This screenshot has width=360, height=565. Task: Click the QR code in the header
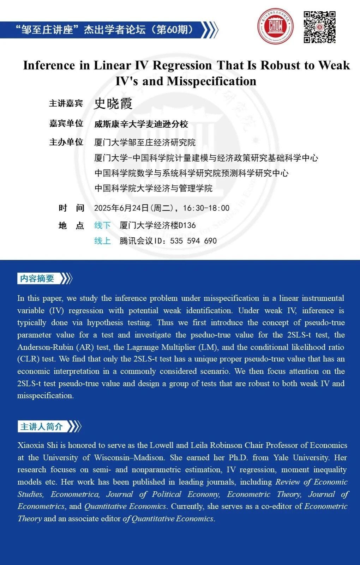point(319,27)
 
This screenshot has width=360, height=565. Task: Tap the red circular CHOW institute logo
point(276,26)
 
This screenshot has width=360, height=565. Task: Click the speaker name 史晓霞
point(113,104)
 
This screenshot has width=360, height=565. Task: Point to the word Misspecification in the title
point(212,81)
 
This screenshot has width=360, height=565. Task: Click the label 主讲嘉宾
point(66,104)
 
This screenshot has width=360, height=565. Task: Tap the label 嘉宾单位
point(66,123)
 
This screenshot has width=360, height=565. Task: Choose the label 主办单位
point(66,142)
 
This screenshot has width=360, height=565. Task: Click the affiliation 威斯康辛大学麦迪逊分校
point(141,124)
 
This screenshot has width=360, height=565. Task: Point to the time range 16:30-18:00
point(206,208)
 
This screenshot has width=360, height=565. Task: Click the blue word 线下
point(102,225)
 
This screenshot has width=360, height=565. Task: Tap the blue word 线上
point(102,241)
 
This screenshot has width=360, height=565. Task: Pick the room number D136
point(187,225)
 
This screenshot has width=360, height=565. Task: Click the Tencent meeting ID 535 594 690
point(193,241)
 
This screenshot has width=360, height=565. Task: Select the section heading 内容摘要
point(37,279)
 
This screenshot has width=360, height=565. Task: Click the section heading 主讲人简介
point(41,427)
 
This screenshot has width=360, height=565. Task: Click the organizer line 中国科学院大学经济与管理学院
point(154,188)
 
